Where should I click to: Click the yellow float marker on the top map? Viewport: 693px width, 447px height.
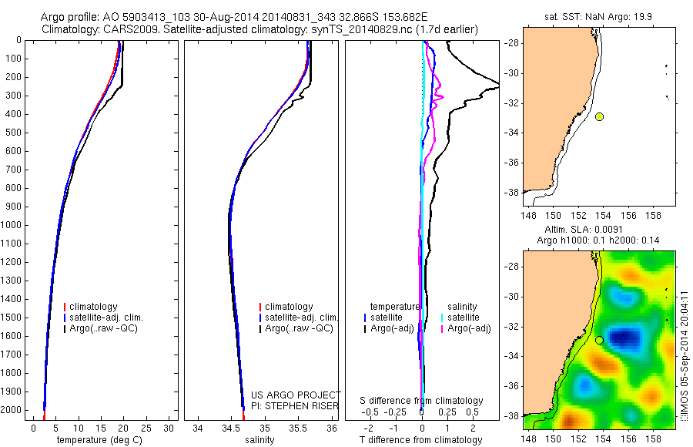tap(599, 116)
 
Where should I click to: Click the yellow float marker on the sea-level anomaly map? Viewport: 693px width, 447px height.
tap(599, 340)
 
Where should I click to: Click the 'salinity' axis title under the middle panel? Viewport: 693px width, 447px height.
tap(259, 440)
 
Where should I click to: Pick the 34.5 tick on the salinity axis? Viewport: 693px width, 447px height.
tap(231, 428)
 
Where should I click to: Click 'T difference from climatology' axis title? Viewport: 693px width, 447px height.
tap(421, 440)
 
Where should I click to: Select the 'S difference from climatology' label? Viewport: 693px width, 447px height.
tap(421, 401)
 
